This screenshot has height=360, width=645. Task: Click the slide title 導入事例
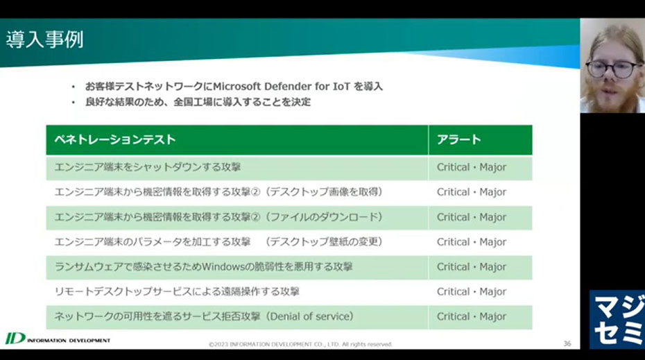pyautogui.click(x=45, y=40)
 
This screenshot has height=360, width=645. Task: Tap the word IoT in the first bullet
pyautogui.click(x=341, y=87)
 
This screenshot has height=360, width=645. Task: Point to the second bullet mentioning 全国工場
pyautogui.click(x=198, y=102)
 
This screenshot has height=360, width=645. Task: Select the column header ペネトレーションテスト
pyautogui.click(x=115, y=139)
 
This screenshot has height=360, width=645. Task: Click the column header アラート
pyautogui.click(x=458, y=139)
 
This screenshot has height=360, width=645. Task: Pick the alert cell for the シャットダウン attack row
pyautogui.click(x=472, y=167)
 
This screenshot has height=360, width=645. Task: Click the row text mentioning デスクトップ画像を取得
pyautogui.click(x=219, y=192)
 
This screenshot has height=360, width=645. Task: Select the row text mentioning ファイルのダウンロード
pyautogui.click(x=219, y=217)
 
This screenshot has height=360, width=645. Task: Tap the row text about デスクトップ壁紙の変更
pyautogui.click(x=219, y=242)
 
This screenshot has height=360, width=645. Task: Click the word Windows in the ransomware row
pyautogui.click(x=223, y=266)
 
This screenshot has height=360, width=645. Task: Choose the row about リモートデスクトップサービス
pyautogui.click(x=177, y=292)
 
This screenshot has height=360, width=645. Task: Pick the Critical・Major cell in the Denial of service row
pyautogui.click(x=472, y=316)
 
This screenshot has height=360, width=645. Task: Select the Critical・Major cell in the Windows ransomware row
pyautogui.click(x=472, y=267)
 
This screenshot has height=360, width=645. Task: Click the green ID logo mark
pyautogui.click(x=15, y=338)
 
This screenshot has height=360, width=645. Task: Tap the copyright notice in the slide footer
pyautogui.click(x=301, y=344)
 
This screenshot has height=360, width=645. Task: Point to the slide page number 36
pyautogui.click(x=567, y=343)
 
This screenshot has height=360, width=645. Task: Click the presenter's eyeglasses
pyautogui.click(x=614, y=69)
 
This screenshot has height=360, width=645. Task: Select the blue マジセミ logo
pyautogui.click(x=617, y=319)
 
